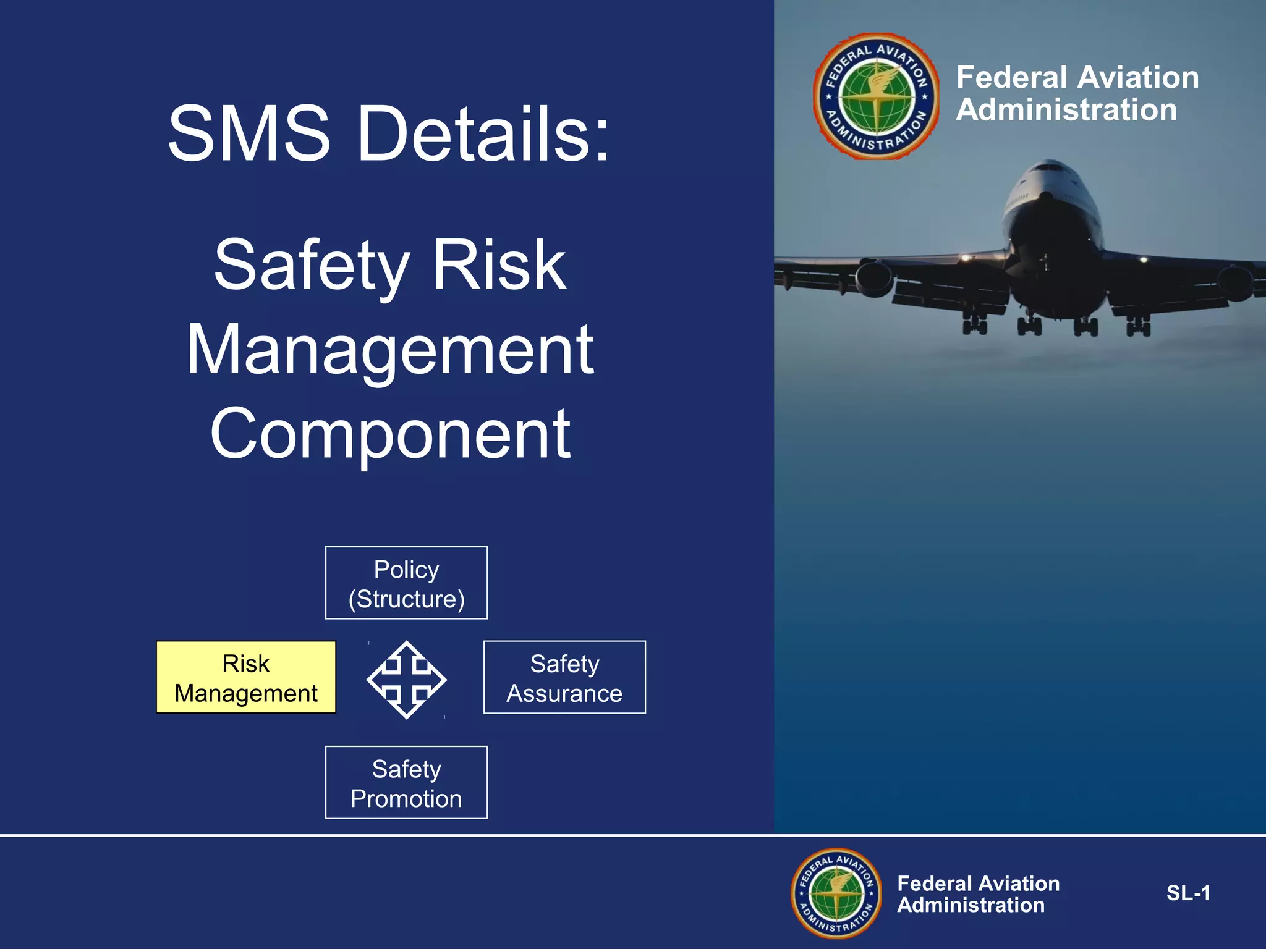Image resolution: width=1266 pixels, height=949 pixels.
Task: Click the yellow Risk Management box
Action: click(x=246, y=677)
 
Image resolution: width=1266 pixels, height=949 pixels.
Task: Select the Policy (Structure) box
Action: click(x=406, y=583)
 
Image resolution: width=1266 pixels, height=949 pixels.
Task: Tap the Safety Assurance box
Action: click(x=564, y=677)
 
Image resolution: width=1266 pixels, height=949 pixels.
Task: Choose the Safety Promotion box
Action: click(x=406, y=783)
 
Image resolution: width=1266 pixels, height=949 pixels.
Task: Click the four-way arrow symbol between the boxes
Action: click(x=406, y=680)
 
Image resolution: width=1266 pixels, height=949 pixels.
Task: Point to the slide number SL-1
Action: click(x=1188, y=893)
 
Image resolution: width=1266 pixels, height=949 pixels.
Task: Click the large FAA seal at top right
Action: click(x=877, y=96)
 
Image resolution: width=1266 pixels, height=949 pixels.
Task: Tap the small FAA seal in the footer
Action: click(x=836, y=893)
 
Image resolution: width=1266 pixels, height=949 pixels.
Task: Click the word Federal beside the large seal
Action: click(x=1011, y=78)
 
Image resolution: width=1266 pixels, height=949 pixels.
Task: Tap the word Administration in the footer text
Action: click(x=971, y=906)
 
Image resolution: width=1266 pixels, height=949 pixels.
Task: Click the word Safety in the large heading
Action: click(x=312, y=266)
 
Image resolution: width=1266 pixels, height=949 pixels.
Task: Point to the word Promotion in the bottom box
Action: click(x=406, y=799)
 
